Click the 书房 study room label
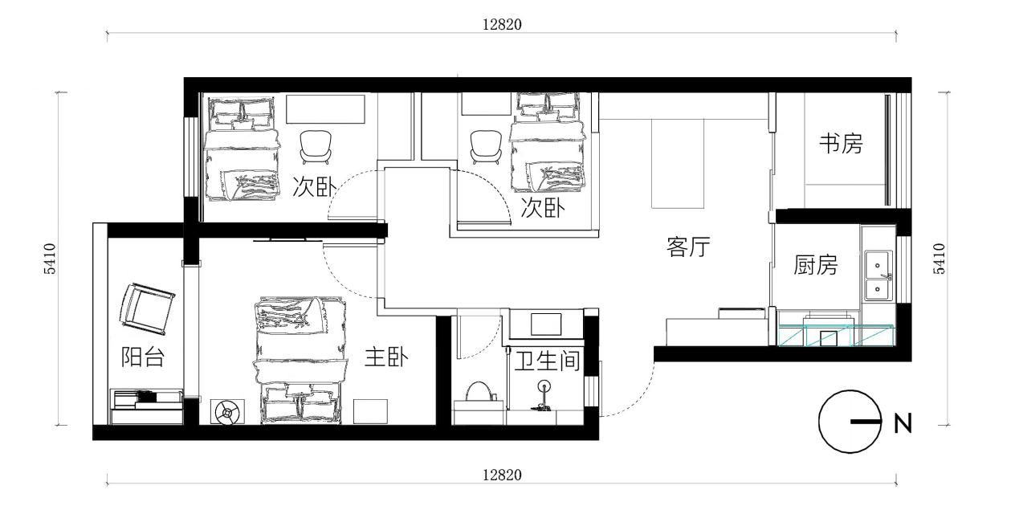click(841, 144)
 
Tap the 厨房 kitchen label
click(816, 265)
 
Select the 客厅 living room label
click(688, 247)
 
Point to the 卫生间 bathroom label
click(548, 361)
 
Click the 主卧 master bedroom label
click(386, 357)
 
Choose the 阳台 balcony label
click(142, 357)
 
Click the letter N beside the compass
click(903, 423)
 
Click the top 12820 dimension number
click(502, 24)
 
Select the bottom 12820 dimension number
click(502, 475)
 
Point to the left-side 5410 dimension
click(50, 259)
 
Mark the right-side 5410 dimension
click(940, 259)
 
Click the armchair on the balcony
click(146, 308)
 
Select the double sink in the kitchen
click(878, 275)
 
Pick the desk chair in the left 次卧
click(316, 147)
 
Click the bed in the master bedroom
click(300, 361)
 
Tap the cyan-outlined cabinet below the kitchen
click(836, 336)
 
